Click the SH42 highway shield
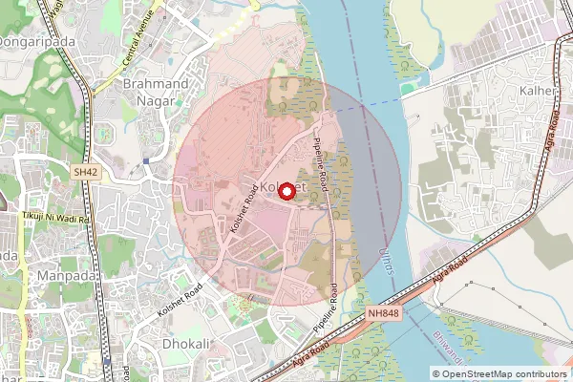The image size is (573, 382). coord(85,172)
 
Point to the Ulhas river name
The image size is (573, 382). coord(386,259)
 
